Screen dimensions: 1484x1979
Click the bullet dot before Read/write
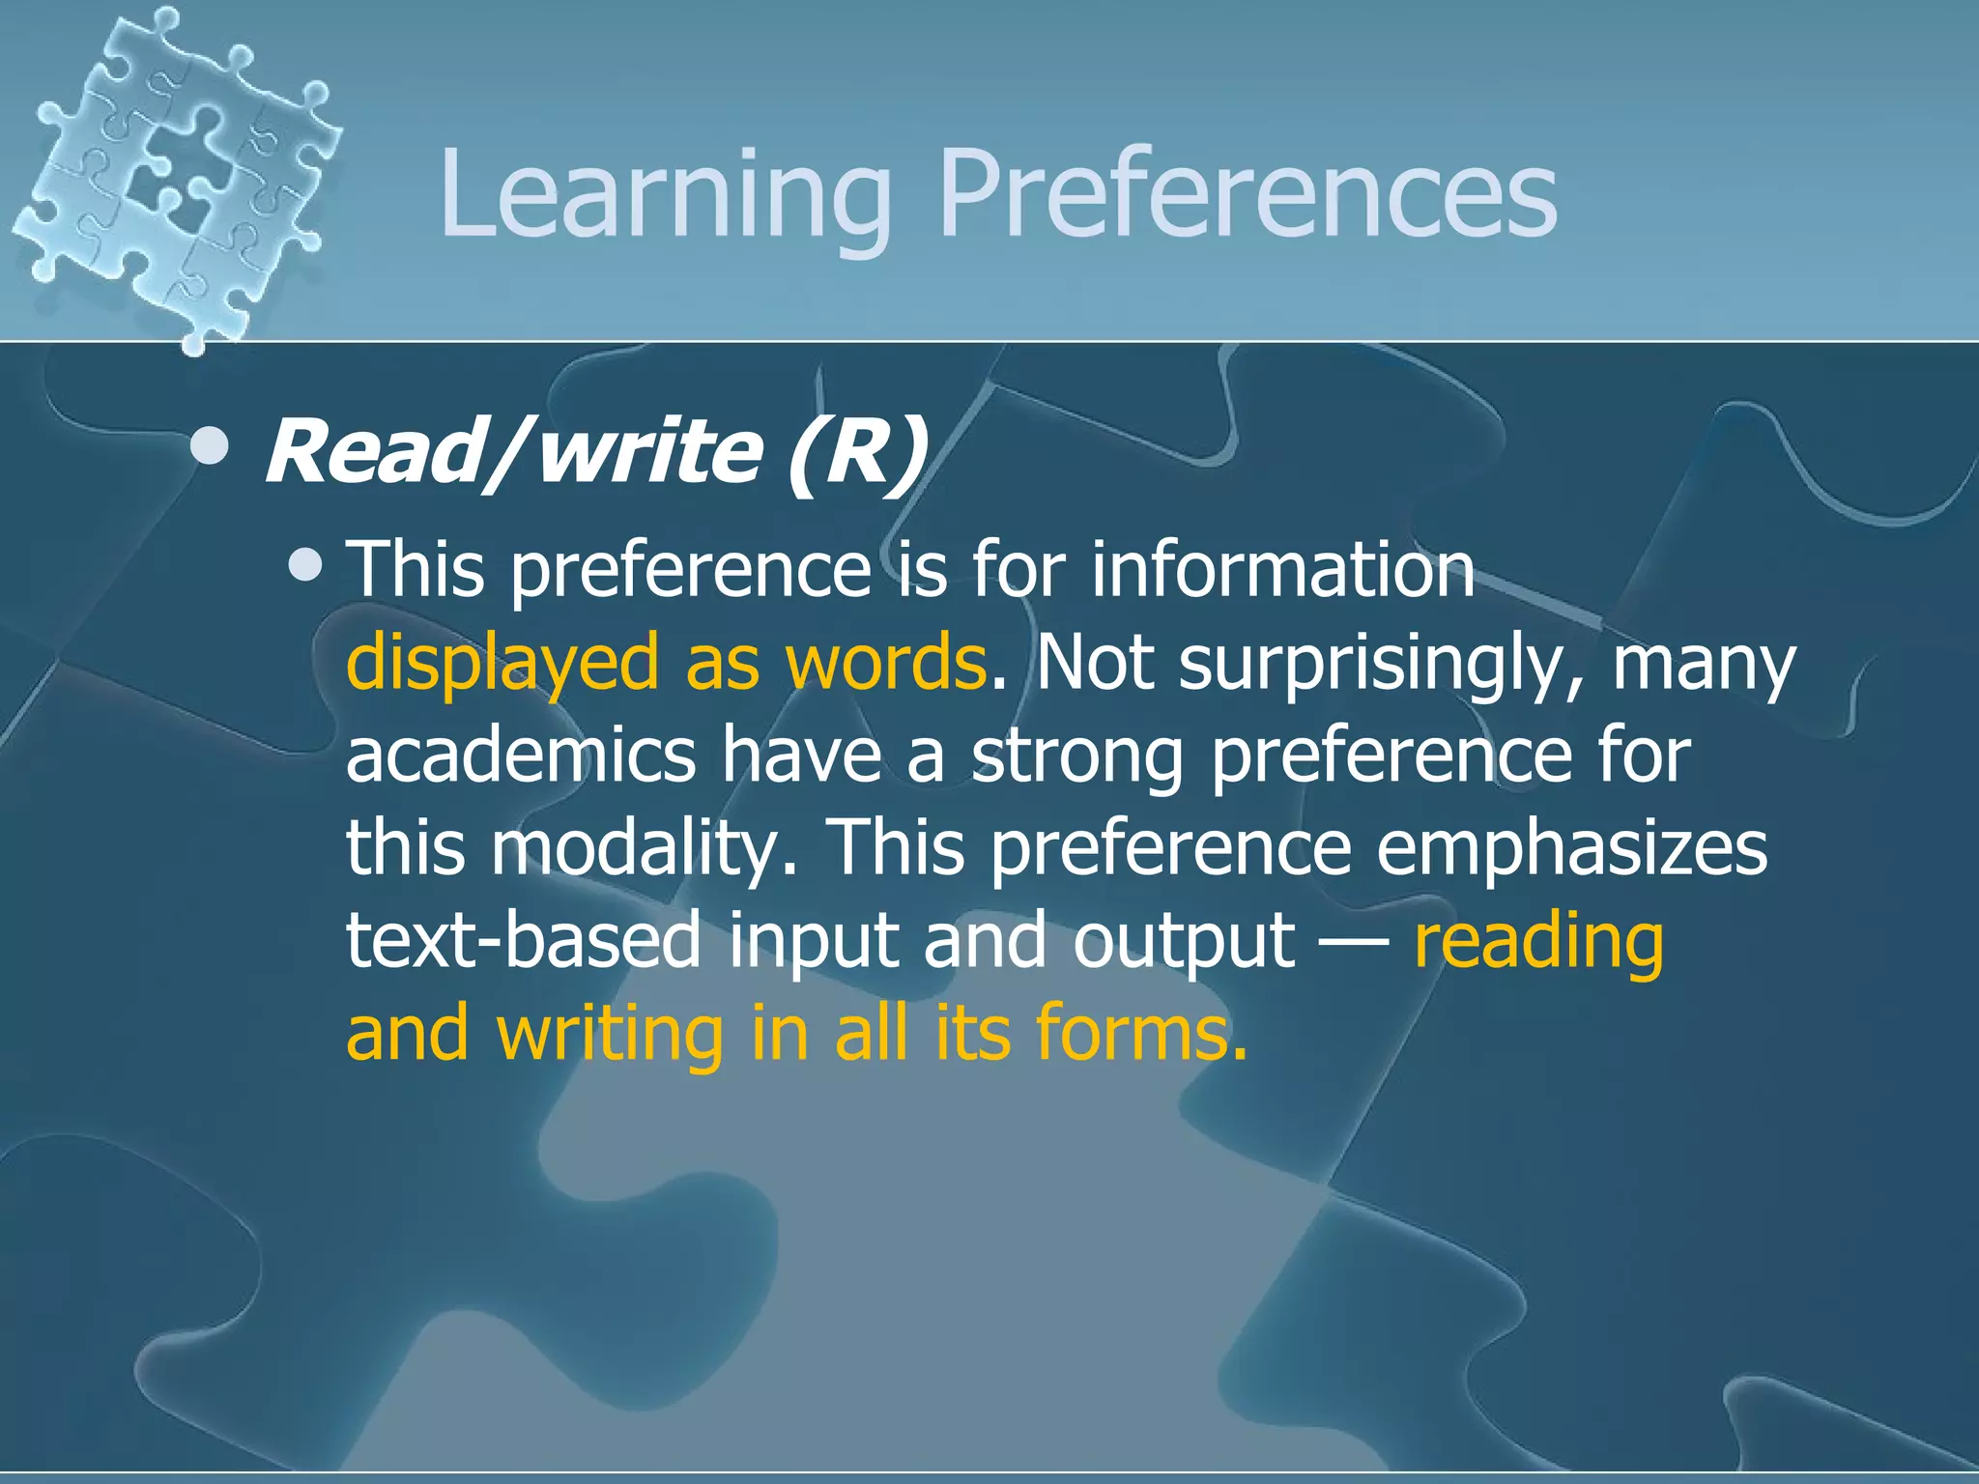tap(210, 446)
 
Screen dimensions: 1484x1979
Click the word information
tap(1283, 570)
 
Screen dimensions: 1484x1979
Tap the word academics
tap(521, 756)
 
